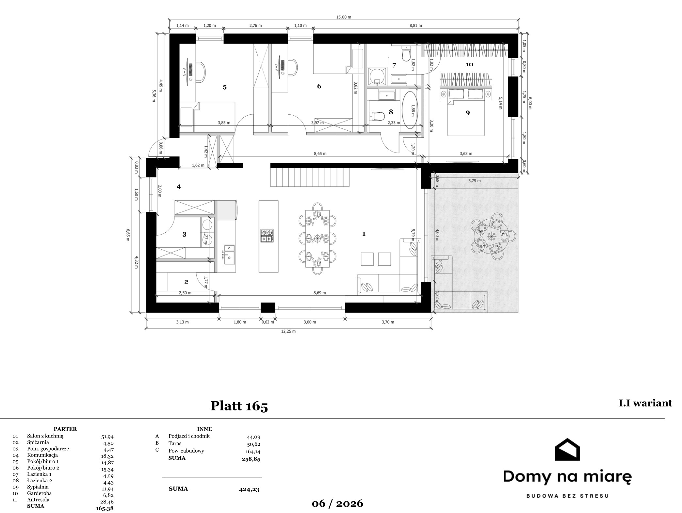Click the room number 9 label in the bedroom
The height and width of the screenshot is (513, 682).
pyautogui.click(x=468, y=113)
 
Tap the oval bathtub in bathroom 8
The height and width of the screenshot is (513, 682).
pyautogui.click(x=409, y=110)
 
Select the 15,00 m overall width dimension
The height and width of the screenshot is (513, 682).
pyautogui.click(x=344, y=17)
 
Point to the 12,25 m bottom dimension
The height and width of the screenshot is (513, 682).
pyautogui.click(x=288, y=331)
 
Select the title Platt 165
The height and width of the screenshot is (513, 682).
pyautogui.click(x=239, y=406)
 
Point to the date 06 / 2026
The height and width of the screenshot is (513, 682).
pyautogui.click(x=337, y=504)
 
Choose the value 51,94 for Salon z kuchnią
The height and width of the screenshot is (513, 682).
pyautogui.click(x=107, y=436)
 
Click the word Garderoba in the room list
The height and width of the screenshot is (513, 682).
pyautogui.click(x=39, y=493)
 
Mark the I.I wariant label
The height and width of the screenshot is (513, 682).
pyautogui.click(x=645, y=403)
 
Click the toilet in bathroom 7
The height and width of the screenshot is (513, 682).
pyautogui.click(x=406, y=54)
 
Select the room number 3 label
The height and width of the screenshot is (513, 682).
pyautogui.click(x=184, y=234)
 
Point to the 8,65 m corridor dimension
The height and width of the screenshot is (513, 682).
pyautogui.click(x=320, y=153)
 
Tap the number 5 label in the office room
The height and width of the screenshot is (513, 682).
pyautogui.click(x=225, y=87)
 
